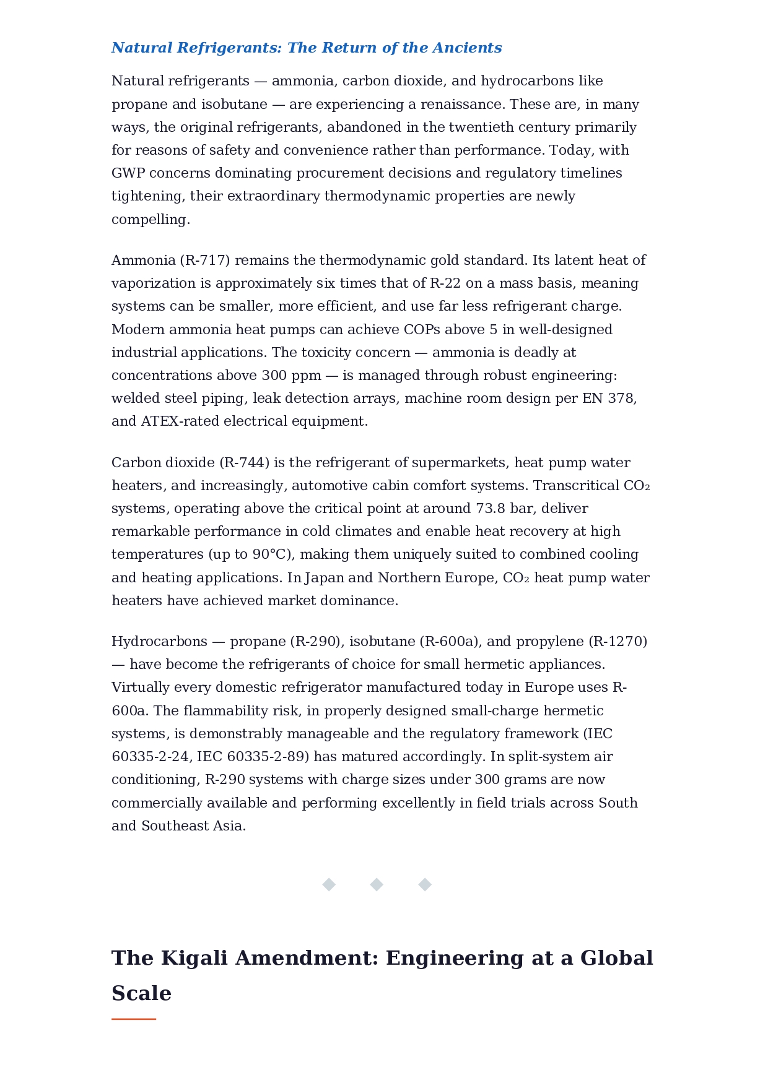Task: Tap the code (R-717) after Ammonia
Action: [x=205, y=261]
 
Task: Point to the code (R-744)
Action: [x=244, y=463]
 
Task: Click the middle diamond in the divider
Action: [x=377, y=885]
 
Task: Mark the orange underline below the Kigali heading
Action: [x=134, y=1019]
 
